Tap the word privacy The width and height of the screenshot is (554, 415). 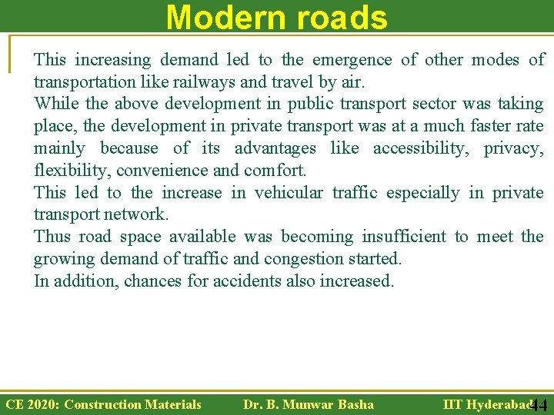click(x=513, y=148)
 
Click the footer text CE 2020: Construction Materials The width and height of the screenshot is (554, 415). click(x=103, y=404)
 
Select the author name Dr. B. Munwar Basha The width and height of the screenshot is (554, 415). click(x=308, y=404)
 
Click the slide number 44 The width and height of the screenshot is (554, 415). click(x=539, y=406)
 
